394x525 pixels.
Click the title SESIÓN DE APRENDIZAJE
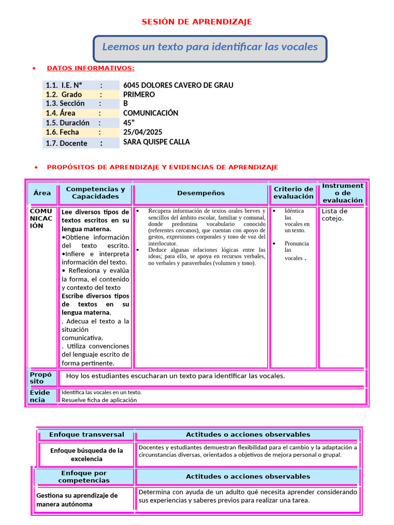click(x=197, y=22)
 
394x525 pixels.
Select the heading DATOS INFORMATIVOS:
click(x=91, y=68)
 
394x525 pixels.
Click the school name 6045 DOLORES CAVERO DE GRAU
click(x=178, y=85)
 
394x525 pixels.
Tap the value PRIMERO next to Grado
click(x=139, y=95)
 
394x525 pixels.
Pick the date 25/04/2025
click(x=143, y=132)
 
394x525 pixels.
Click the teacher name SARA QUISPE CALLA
click(x=156, y=142)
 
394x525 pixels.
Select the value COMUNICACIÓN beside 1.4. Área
click(x=151, y=113)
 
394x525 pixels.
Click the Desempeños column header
click(x=201, y=193)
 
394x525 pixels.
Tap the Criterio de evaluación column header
click(x=293, y=193)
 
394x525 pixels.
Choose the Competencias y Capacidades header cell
click(x=95, y=193)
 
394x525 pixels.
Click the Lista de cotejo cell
click(x=334, y=215)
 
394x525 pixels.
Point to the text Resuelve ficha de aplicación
click(x=99, y=400)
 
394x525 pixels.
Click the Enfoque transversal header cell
click(x=87, y=435)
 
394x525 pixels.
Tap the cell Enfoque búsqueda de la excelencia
click(x=87, y=455)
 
